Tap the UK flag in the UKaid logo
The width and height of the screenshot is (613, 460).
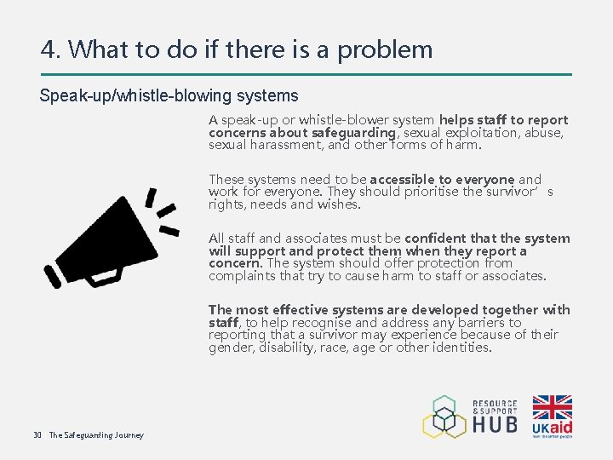553,408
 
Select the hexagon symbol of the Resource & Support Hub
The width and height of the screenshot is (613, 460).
444,417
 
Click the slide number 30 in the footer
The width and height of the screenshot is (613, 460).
37,435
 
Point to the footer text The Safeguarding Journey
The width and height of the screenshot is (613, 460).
96,435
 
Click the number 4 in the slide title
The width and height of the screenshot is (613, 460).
49,49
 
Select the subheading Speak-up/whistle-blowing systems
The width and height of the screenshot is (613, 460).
169,95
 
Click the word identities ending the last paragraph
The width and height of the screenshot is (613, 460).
460,348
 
